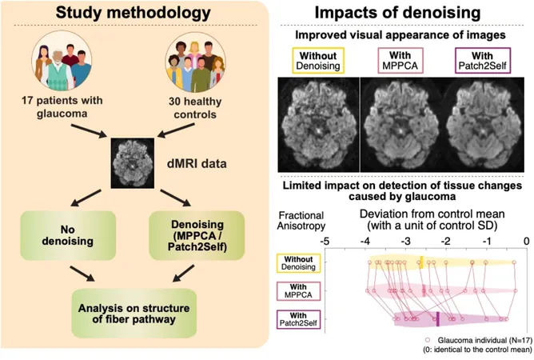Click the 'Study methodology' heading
point(133,12)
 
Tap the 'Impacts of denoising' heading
point(397,13)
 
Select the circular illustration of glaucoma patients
point(62,61)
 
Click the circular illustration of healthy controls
point(195,62)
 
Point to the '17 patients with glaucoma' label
point(62,106)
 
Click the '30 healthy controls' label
point(195,108)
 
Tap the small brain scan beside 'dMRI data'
point(133,163)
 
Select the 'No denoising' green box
point(68,235)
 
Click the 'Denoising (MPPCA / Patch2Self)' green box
point(197,235)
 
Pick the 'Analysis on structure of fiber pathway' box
point(133,314)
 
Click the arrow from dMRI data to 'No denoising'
point(86,198)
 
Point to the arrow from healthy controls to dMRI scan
point(176,130)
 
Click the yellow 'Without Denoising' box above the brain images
point(318,61)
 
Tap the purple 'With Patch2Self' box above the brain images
point(483,61)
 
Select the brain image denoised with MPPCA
point(400,125)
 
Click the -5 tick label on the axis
point(325,241)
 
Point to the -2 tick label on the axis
point(446,241)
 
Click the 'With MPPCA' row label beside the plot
point(298,290)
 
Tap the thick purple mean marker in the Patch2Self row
point(437,319)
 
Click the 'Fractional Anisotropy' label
point(301,220)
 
